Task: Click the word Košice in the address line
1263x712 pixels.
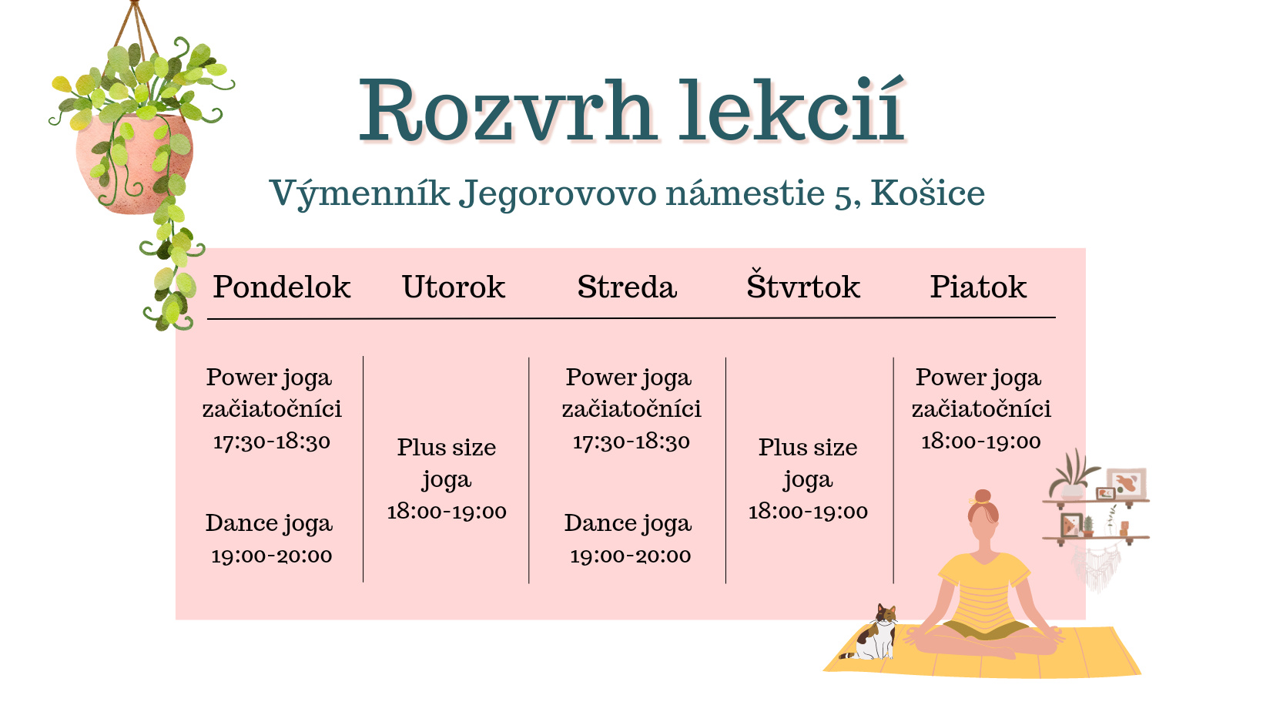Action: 927,193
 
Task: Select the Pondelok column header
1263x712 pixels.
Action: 282,287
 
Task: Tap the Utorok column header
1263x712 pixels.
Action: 454,287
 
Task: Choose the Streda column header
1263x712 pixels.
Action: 627,287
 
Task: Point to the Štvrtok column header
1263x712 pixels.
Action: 803,284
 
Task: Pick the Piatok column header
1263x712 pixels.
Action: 978,287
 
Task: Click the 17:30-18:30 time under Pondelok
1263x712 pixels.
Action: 272,442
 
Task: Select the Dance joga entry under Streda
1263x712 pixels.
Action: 628,523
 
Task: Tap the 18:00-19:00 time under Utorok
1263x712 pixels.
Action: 447,512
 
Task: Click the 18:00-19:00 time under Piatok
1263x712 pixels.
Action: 981,442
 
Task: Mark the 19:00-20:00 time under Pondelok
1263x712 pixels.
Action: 272,556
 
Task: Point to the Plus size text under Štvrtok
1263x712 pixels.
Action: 808,448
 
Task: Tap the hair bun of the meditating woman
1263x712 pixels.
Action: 983,496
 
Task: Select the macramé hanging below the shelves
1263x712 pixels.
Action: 1096,567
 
